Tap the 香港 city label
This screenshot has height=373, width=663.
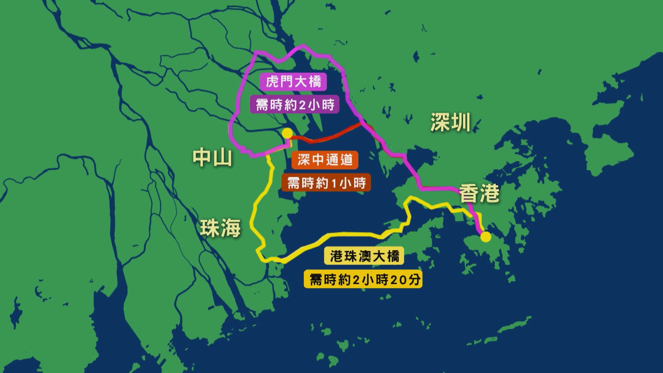(479, 193)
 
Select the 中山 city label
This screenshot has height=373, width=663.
(212, 158)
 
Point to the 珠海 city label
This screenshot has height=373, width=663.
(220, 228)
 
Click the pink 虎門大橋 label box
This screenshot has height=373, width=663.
(294, 82)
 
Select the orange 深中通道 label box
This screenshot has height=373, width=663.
(325, 160)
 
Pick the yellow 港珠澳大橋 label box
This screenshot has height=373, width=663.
(364, 257)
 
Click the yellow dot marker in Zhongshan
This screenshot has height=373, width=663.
(287, 133)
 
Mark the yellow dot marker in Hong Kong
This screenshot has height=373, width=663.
(486, 237)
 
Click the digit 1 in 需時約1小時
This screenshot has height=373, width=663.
(333, 183)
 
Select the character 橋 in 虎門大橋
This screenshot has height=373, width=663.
(314, 82)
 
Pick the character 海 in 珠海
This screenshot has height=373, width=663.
(231, 228)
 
